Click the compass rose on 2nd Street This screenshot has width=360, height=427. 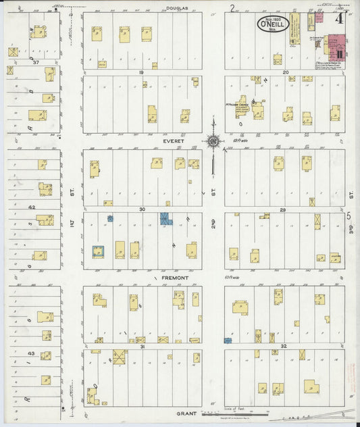213,142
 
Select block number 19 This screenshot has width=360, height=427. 143,72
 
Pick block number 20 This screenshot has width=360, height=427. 285,72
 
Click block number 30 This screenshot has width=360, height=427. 143,209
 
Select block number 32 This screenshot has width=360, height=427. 284,346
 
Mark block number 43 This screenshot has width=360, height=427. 31,353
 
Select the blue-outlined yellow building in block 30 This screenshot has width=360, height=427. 99,251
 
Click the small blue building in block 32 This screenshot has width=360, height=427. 228,341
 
